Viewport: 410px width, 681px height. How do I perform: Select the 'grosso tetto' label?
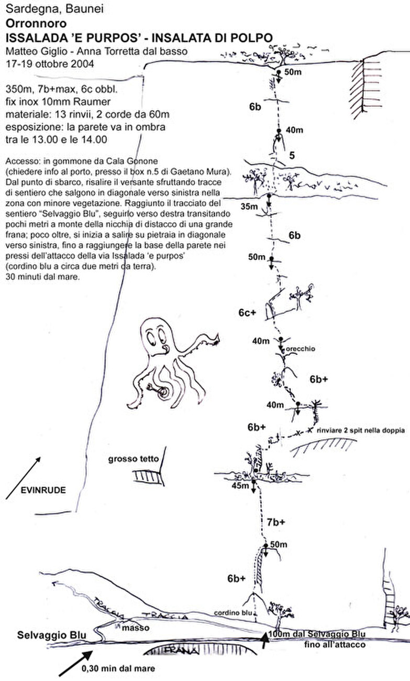coord(134,459)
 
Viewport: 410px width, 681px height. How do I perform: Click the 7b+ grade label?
coord(275,522)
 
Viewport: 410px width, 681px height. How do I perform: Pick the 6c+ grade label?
coord(246,313)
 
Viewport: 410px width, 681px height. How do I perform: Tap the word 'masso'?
coord(140,628)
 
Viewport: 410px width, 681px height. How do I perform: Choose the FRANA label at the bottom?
coord(182,652)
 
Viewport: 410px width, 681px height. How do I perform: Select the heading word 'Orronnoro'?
coord(29,24)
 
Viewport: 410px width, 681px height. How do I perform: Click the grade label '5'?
coord(292,155)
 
